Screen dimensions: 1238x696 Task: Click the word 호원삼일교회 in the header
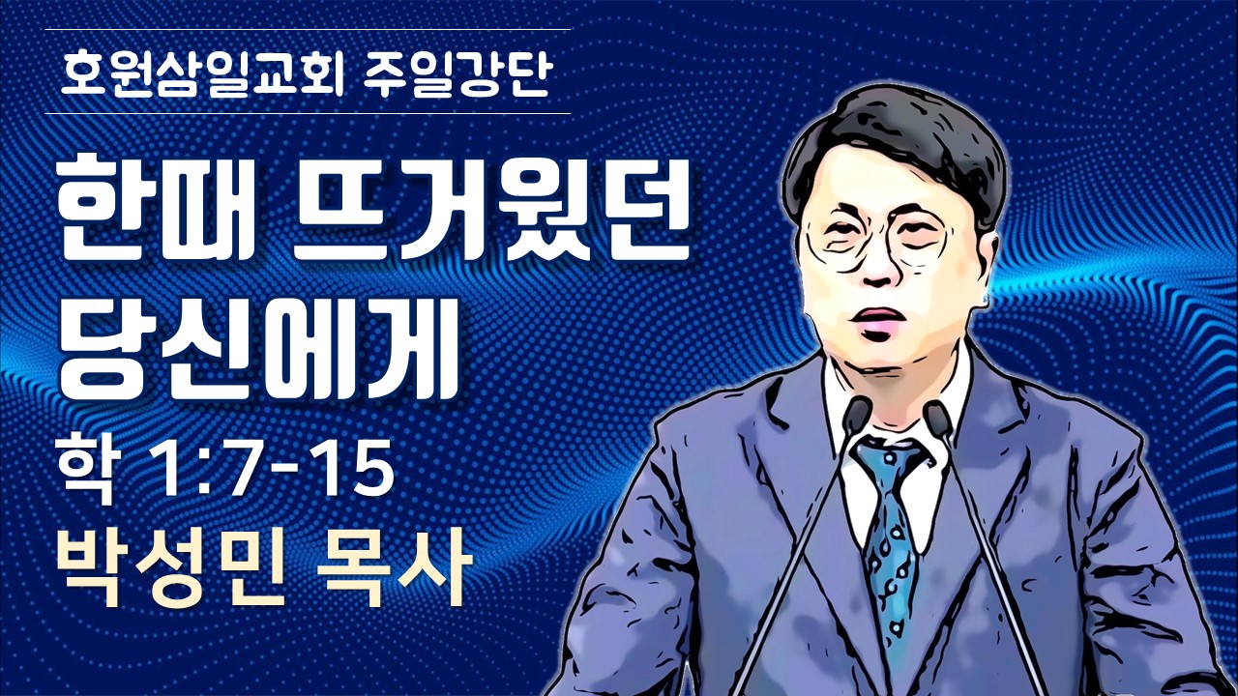pyautogui.click(x=200, y=74)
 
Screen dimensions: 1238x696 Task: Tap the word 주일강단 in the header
pyautogui.click(x=457, y=74)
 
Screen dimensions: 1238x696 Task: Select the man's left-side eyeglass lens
pyautogui.click(x=838, y=242)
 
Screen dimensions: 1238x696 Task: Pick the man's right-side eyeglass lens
pyautogui.click(x=918, y=238)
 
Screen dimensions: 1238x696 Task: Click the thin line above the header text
pyautogui.click(x=308, y=29)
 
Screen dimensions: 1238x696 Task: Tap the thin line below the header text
pyautogui.click(x=308, y=114)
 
